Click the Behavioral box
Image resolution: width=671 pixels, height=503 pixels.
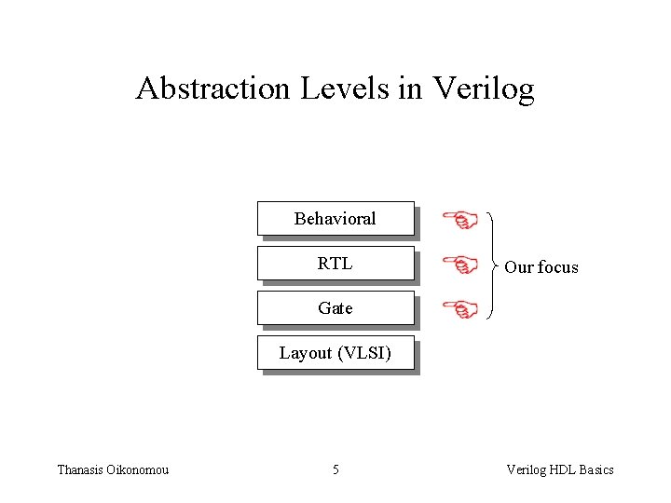335,219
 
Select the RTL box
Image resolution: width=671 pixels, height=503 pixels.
335,264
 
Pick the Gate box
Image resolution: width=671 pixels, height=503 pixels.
335,308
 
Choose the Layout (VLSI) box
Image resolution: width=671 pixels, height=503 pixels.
335,353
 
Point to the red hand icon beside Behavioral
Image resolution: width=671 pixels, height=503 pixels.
459,221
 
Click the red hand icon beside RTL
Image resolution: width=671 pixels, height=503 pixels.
459,265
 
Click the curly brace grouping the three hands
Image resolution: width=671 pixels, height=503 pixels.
492,265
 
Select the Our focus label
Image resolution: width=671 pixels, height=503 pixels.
541,267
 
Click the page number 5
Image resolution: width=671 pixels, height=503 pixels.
335,469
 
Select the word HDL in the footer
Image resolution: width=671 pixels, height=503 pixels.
561,469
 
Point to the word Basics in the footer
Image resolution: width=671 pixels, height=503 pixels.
596,469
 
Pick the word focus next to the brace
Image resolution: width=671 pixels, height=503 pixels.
557,267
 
